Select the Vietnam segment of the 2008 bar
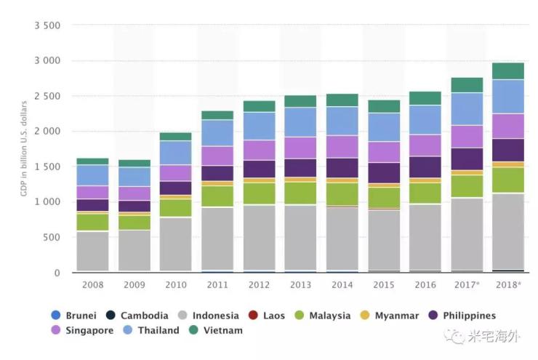[92, 161]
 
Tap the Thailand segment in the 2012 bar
[259, 126]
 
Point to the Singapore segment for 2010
[175, 173]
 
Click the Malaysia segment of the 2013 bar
[300, 193]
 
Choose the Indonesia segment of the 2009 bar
[134, 250]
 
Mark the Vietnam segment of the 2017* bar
[466, 85]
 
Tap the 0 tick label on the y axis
[57, 273]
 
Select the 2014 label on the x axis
[342, 285]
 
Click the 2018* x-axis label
[507, 285]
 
